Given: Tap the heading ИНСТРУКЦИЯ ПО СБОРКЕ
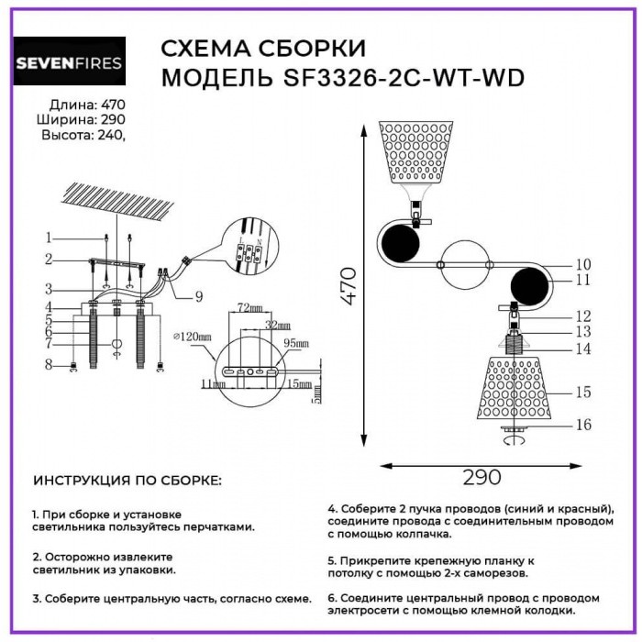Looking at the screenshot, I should [127, 481].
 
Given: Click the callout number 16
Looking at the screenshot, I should [582, 425].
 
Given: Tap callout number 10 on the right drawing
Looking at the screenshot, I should [583, 264].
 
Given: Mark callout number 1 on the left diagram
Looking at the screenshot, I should [53, 237].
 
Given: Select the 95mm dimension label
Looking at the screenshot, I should [296, 342].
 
